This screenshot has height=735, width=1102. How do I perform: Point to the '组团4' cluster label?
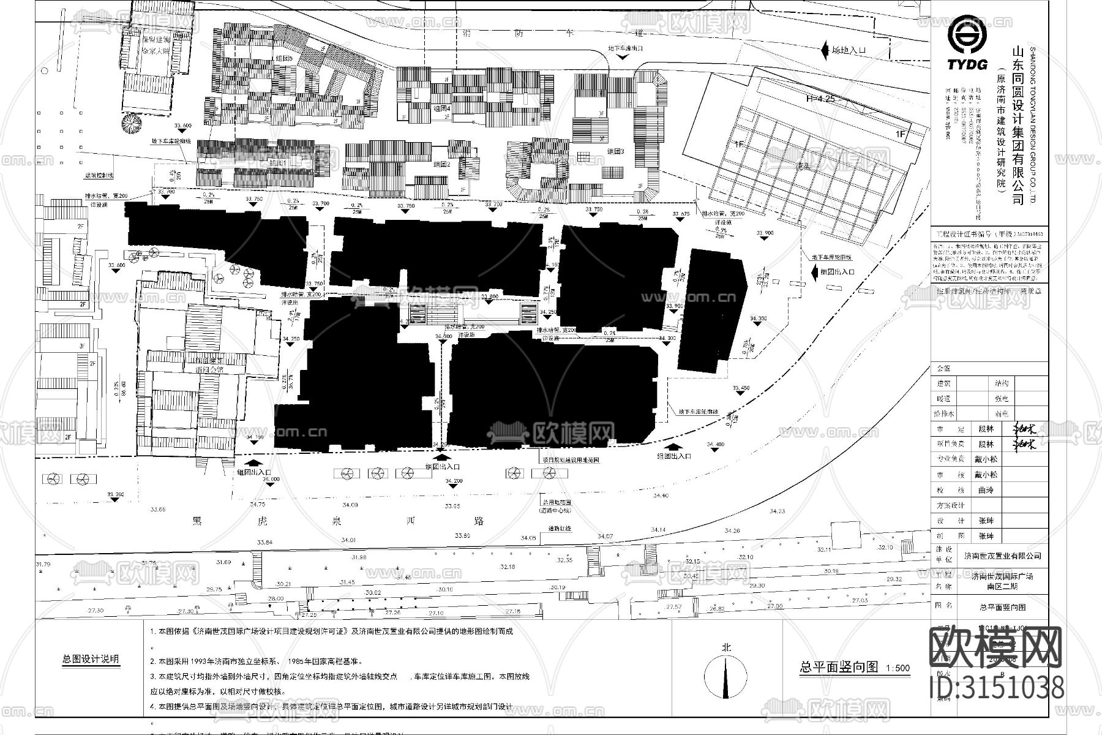tap(441, 108)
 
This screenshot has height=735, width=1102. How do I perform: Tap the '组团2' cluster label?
tap(442, 164)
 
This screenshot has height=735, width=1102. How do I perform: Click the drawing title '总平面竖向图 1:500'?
tap(855, 668)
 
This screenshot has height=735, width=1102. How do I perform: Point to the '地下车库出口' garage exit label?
tap(625, 48)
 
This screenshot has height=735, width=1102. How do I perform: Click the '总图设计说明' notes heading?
tap(91, 660)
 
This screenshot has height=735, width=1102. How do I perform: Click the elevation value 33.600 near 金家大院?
tap(183, 125)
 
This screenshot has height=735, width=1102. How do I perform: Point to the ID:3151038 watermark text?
tap(997, 687)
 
